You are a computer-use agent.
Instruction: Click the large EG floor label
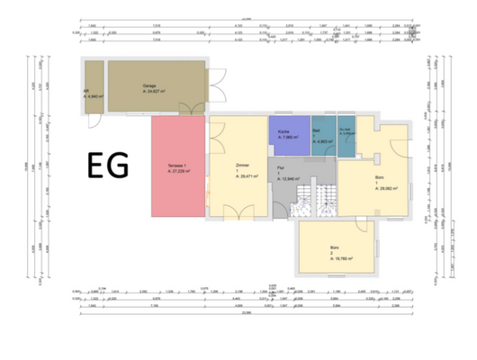point(108,165)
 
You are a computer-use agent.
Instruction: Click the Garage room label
point(148,86)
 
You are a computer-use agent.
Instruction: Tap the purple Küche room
point(288,135)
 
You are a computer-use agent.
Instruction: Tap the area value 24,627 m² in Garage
point(153,92)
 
